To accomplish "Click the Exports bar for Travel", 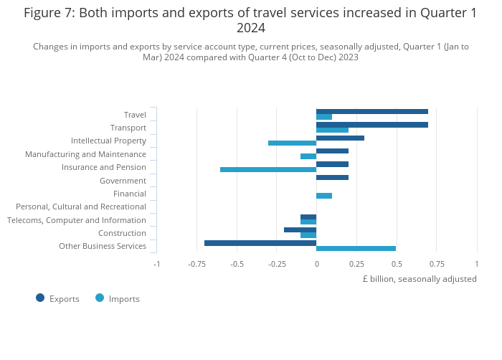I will pos(371,111).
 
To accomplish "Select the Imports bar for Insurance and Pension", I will pos(267,169).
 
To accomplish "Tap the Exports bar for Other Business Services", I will pos(260,243).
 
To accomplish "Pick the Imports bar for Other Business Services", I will pos(356,248).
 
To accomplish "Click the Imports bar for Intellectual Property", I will pos(292,143).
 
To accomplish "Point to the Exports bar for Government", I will pos(332,177).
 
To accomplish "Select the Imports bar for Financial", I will pos(324,196).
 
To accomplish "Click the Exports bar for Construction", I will pos(300,229).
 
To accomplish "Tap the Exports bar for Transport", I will pos(371,125).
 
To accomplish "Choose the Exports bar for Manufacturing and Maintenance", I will pos(332,151).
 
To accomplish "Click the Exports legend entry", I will pos(57,298).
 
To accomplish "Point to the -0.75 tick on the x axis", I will pos(196,264).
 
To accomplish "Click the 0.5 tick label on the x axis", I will pos(397,264).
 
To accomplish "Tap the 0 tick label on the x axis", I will pos(316,264).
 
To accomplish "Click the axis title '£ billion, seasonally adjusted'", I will pos(420,279).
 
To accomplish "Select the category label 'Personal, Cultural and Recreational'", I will pos(81,207).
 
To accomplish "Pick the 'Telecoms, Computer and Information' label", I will pos(77,220).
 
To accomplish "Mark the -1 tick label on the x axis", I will pos(157,264).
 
